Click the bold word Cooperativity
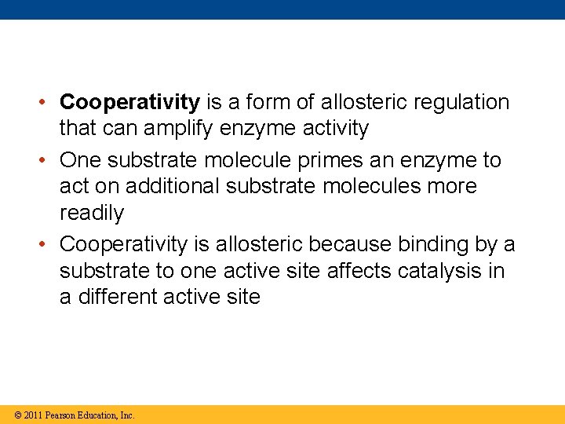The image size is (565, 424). click(x=130, y=102)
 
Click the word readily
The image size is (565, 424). click(x=92, y=214)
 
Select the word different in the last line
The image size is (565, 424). click(x=113, y=298)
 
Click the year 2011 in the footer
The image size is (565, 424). click(x=33, y=415)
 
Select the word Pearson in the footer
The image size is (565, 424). click(x=63, y=415)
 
